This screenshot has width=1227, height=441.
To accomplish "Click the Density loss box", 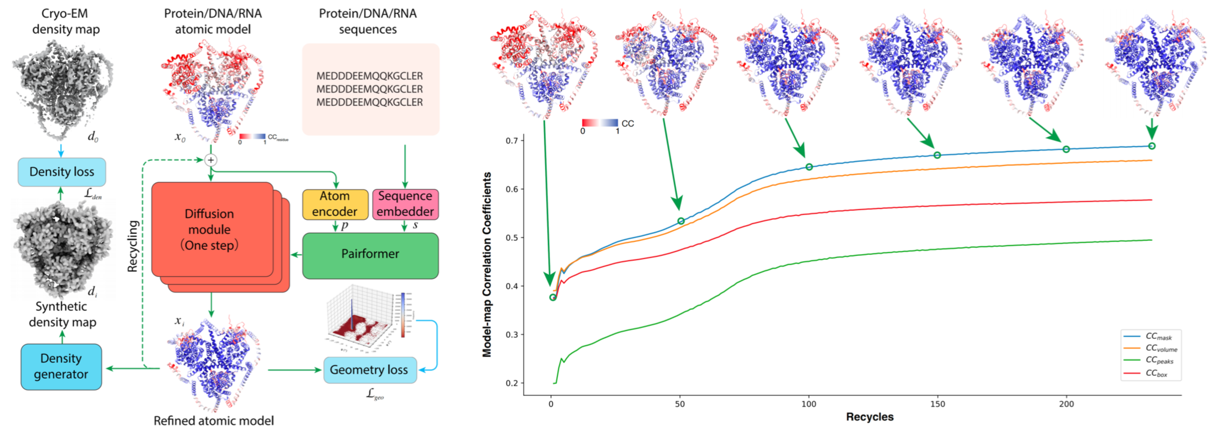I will click(61, 172).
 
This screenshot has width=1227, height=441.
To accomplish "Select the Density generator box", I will click(61, 366).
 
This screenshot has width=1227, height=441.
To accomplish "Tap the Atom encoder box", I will click(335, 204).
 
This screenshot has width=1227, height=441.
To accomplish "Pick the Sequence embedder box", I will click(405, 204).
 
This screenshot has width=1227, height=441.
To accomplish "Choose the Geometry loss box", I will click(369, 370).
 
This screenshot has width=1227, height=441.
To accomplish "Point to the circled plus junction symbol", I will click(211, 160).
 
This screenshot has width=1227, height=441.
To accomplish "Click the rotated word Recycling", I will click(133, 246).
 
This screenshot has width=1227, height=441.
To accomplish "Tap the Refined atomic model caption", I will click(213, 421).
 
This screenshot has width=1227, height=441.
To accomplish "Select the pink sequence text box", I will click(370, 89).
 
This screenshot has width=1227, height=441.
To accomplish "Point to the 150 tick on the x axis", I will click(937, 404).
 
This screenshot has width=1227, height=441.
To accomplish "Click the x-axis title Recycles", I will click(870, 417).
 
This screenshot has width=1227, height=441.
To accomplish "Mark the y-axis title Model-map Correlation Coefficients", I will click(487, 264).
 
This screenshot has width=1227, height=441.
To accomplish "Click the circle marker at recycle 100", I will click(809, 167).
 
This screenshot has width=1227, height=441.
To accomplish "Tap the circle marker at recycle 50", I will click(681, 221).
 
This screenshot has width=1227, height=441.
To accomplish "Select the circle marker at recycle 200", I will click(1066, 150).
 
